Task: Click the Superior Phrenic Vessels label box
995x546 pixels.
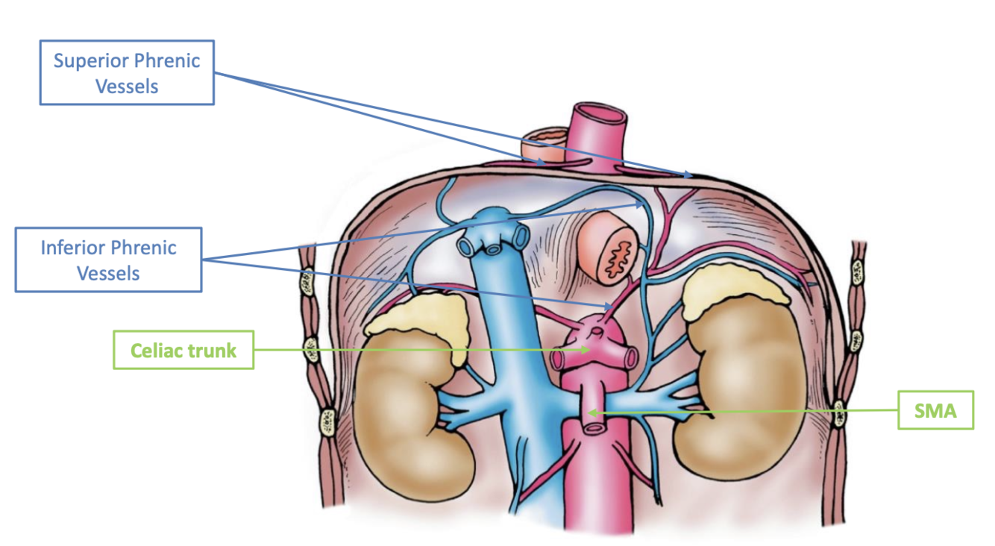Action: [x=127, y=72]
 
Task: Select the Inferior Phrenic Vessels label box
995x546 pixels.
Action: [x=108, y=260]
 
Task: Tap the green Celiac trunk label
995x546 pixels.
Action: [x=183, y=350]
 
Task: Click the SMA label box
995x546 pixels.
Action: [x=935, y=409]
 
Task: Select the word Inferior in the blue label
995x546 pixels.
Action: [x=74, y=248]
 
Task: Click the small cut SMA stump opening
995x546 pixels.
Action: [x=594, y=427]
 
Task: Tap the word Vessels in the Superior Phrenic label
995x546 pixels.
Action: [x=127, y=86]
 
